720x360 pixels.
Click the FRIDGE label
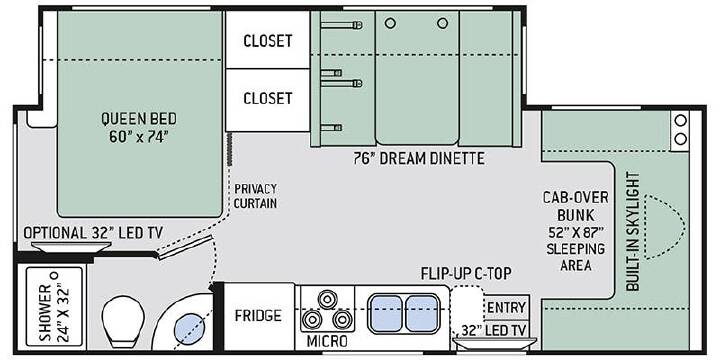point(258,315)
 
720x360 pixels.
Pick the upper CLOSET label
point(268,41)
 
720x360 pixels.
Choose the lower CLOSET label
point(268,98)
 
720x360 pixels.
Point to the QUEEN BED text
point(139,118)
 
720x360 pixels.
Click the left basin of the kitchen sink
point(386,313)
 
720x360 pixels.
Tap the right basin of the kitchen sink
point(421,313)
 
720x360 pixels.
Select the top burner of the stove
point(327,299)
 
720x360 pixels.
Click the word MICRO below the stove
point(327,341)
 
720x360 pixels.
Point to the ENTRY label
point(506,307)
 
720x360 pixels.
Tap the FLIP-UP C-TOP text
point(466,274)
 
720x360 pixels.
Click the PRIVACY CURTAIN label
point(255,196)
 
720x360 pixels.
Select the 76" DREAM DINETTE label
point(419,158)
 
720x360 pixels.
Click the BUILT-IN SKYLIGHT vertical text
point(633,231)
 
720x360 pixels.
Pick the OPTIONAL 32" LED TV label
point(93,233)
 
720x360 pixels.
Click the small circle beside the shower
point(55,276)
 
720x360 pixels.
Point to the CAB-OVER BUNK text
point(575,206)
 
